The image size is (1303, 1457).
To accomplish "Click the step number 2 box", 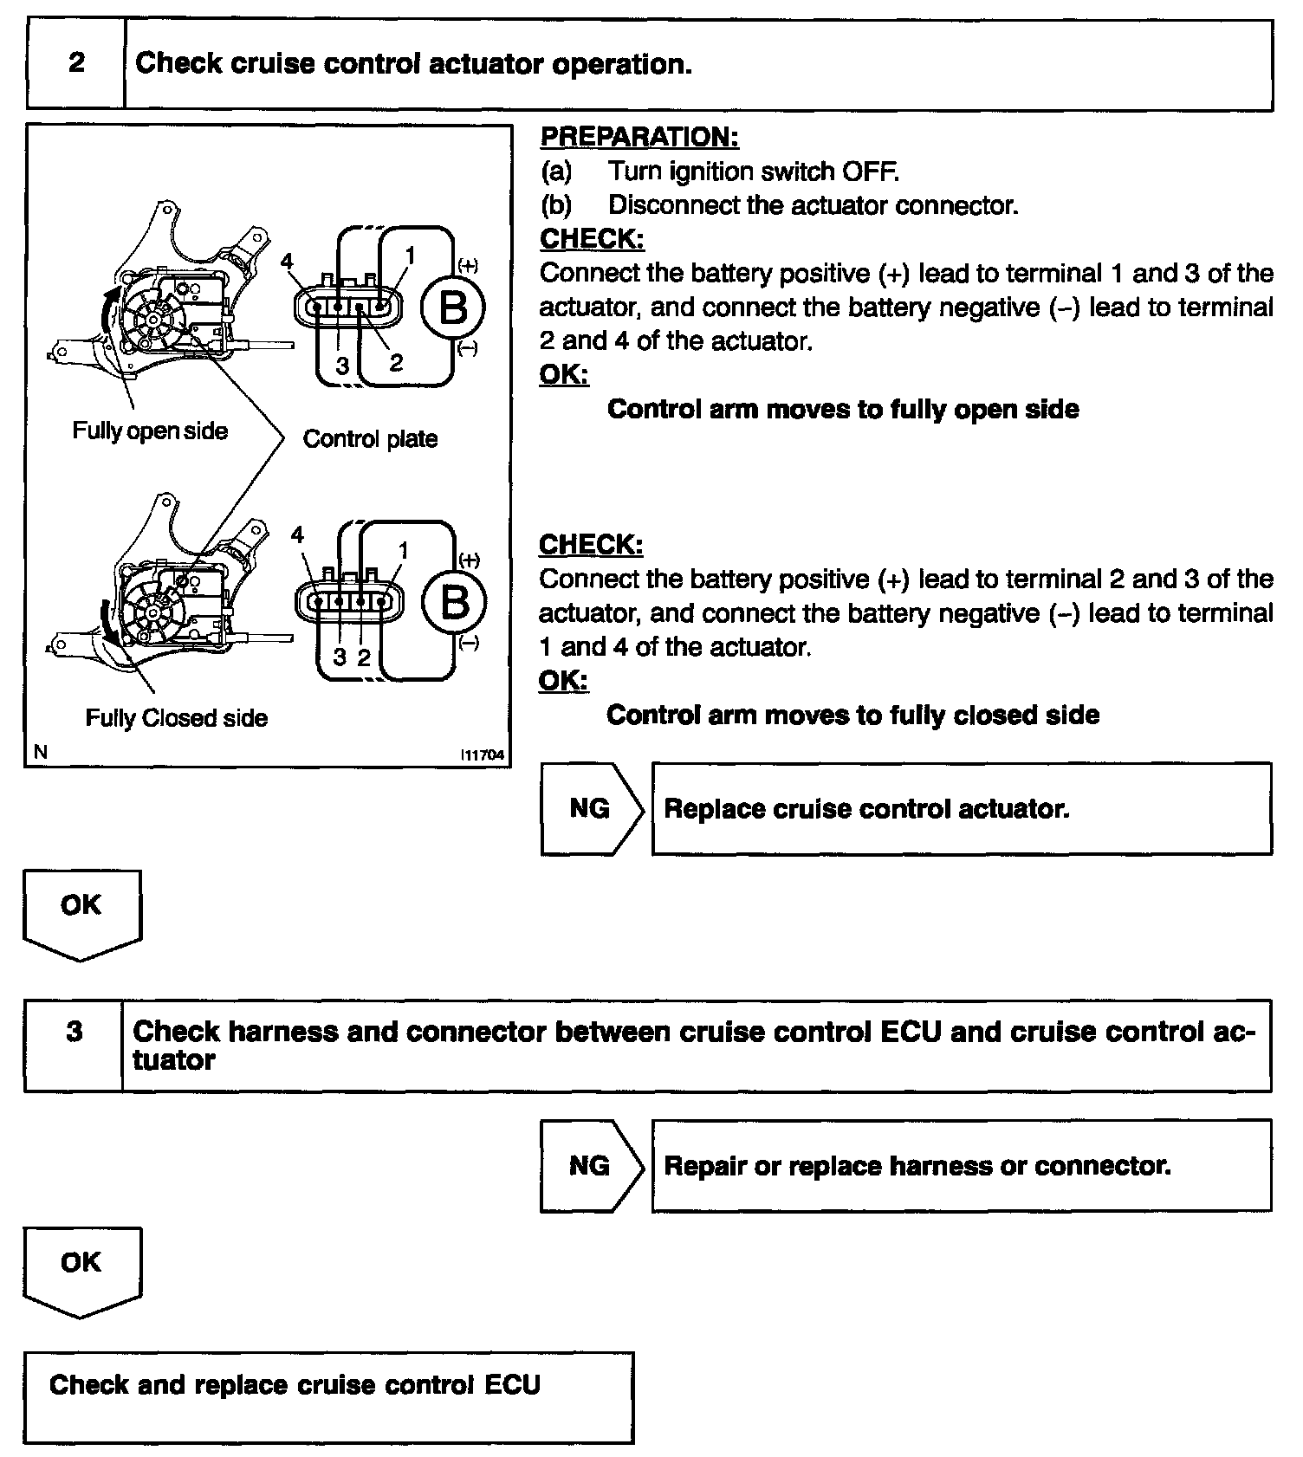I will point(76,64).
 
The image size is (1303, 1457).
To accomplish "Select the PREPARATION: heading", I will point(639,137).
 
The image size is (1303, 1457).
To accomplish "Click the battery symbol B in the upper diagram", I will point(453,307).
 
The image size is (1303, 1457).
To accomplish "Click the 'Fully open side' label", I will point(150,431).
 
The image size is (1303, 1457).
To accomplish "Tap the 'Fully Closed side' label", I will point(176,718).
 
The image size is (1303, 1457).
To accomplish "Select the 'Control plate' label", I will point(370,439).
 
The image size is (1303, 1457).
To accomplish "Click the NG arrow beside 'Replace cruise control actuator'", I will point(591,809).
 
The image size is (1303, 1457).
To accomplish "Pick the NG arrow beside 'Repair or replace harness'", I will point(591,1166).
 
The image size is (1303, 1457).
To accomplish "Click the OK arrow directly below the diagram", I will point(81,911).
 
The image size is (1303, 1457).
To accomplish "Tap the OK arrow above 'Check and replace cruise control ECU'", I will point(81,1268).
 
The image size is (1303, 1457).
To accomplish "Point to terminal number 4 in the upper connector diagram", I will point(287,262).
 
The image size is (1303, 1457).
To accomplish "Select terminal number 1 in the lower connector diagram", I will point(403,551).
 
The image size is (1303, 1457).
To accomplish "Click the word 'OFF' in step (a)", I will point(870,172).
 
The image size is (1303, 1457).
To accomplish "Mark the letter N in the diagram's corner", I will point(40,753).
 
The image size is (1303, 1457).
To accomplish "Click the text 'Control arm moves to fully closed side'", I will point(852,716).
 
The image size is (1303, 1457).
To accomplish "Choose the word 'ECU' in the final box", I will point(512,1385).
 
